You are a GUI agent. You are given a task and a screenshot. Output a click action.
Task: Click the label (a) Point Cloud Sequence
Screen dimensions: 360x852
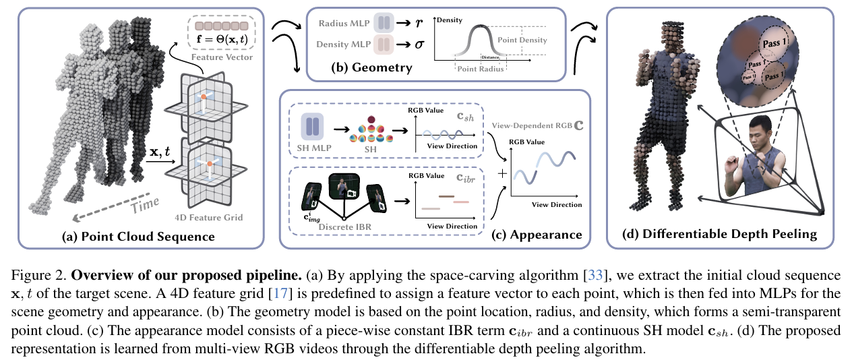coord(138,237)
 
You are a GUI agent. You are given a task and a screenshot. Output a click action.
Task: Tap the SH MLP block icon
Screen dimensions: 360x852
coord(311,126)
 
